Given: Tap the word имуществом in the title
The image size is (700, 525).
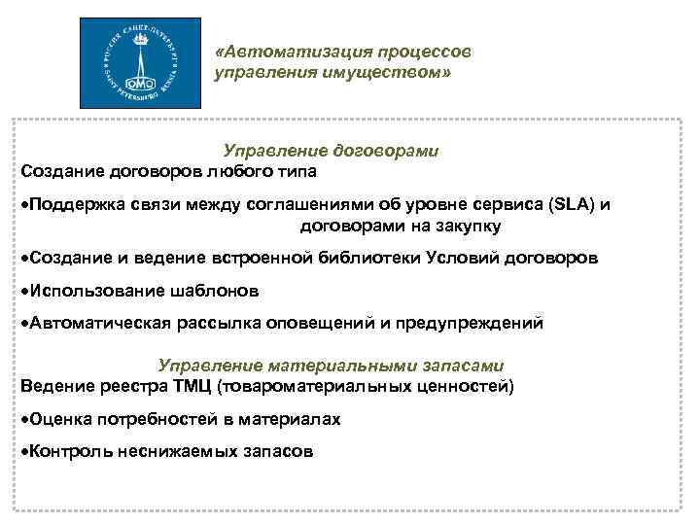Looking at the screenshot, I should pyautogui.click(x=387, y=72).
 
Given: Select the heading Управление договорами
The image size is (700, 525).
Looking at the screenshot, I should pyautogui.click(x=331, y=152).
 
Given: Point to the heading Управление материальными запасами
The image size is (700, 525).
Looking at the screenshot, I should pyautogui.click(x=331, y=367).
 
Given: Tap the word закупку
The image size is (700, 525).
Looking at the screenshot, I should pyautogui.click(x=466, y=227).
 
